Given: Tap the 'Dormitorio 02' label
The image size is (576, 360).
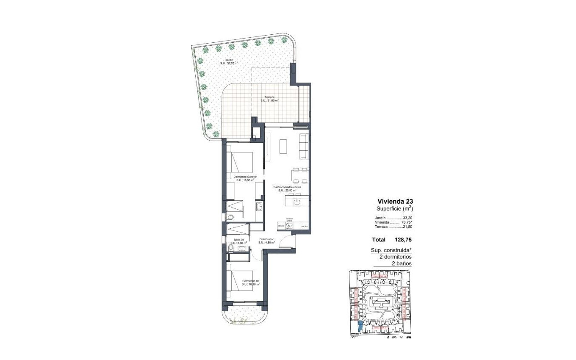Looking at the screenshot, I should [251, 282].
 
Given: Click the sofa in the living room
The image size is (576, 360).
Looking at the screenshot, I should [303, 147].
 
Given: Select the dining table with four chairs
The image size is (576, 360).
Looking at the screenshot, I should [299, 174].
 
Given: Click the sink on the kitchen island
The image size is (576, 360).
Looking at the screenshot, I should [297, 202].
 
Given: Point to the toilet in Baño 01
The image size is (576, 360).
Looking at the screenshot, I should [230, 247].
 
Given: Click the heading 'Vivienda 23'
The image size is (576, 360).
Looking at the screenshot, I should [395, 202].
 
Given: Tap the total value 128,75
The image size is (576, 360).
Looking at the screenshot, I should [403, 240].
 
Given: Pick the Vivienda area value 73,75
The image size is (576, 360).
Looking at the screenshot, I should [405, 222].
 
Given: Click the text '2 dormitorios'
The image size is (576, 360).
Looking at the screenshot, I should [395, 257].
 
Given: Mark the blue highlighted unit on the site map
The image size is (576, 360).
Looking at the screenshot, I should [360, 326].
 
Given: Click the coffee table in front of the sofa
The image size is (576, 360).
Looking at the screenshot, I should [283, 146].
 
